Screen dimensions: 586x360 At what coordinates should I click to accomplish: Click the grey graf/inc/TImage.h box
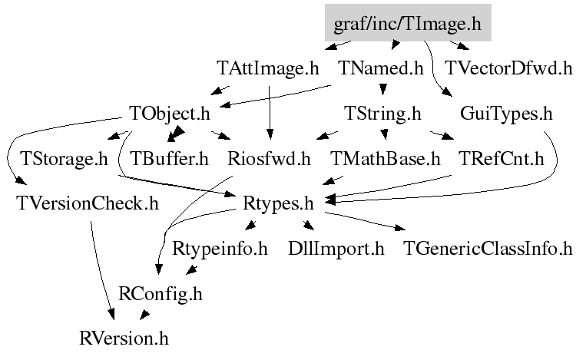coord(408,22)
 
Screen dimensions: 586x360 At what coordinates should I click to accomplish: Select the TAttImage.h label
coord(267,68)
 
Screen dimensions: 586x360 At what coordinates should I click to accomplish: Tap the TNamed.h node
coord(380,68)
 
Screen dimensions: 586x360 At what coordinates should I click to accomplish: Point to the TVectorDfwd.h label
coord(508,68)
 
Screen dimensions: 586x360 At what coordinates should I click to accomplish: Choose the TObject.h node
coord(169,114)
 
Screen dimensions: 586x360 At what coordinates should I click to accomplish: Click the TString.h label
coord(382,114)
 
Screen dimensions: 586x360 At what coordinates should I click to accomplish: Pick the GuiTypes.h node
coord(506,114)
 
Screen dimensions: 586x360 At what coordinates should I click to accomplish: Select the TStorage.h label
coord(64,159)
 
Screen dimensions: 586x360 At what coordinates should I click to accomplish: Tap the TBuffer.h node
coord(169,159)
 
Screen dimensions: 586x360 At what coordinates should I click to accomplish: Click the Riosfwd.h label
coord(269,159)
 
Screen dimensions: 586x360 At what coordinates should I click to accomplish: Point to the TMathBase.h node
coord(386,159)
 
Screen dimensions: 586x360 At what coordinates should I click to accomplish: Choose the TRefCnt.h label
coord(502,159)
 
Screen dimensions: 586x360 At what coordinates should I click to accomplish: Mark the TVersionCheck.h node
coord(88,204)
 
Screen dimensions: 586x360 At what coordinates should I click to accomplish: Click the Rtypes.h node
coord(278,204)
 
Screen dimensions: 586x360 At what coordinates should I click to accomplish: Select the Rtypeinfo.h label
coord(220,249)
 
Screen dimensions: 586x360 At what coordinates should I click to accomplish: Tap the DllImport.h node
coord(336,249)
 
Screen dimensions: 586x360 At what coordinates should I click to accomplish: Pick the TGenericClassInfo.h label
coord(488,249)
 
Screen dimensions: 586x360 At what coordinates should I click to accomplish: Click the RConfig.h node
coord(161,294)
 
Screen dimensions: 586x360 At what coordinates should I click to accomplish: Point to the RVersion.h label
coord(124,339)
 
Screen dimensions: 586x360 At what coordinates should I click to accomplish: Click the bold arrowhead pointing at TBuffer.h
coord(176,134)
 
